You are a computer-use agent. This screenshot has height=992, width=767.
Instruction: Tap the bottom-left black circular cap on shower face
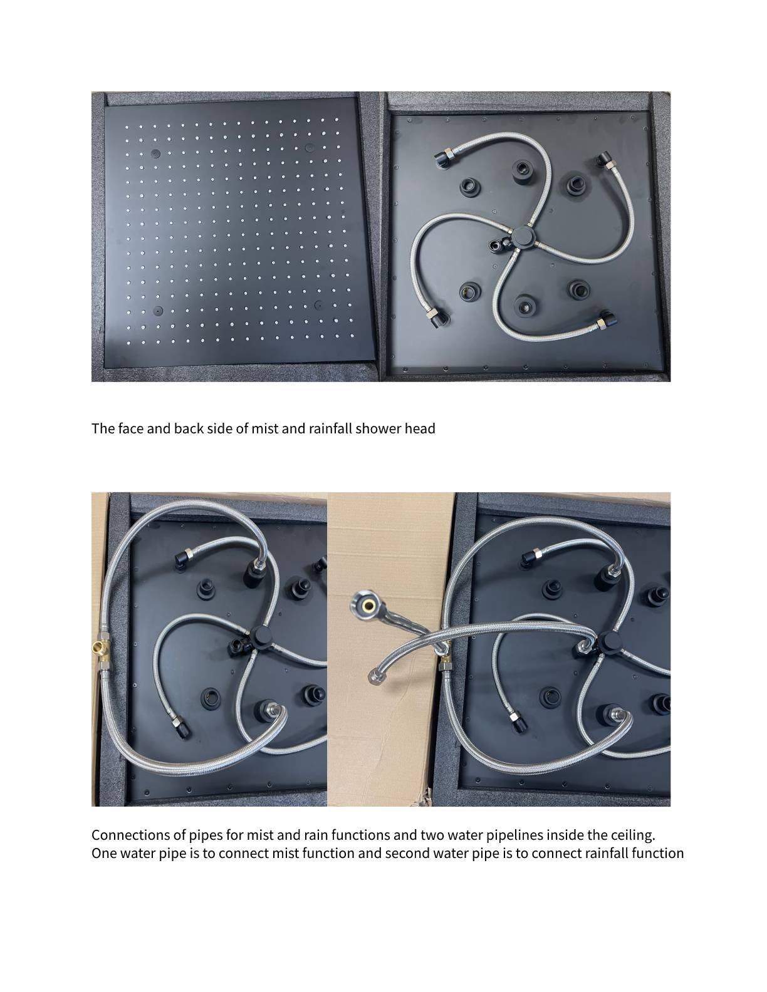158,311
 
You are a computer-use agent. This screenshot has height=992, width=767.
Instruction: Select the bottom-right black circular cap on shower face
318,305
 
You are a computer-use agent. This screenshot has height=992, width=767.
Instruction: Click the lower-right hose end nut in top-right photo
603,321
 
